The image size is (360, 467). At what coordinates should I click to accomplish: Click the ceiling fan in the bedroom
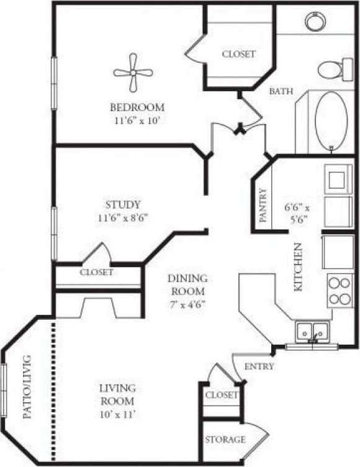133,73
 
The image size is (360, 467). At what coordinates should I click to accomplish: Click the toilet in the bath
335,69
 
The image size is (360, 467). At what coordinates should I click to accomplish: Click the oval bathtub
330,120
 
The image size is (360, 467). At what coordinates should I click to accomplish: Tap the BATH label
281,91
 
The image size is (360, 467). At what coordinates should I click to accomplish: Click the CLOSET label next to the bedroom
238,54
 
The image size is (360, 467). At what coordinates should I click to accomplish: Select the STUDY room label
122,204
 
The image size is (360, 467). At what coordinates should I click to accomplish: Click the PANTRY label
263,206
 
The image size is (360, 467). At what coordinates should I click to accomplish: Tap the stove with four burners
340,291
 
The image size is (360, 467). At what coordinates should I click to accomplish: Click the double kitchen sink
312,331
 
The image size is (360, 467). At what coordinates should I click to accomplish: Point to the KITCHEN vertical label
298,266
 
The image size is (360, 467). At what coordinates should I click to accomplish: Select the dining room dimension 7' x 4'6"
187,304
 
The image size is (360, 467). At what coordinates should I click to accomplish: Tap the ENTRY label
259,366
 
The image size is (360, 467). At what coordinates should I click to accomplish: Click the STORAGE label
225,440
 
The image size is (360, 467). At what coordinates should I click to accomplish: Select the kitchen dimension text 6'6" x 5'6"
297,213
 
